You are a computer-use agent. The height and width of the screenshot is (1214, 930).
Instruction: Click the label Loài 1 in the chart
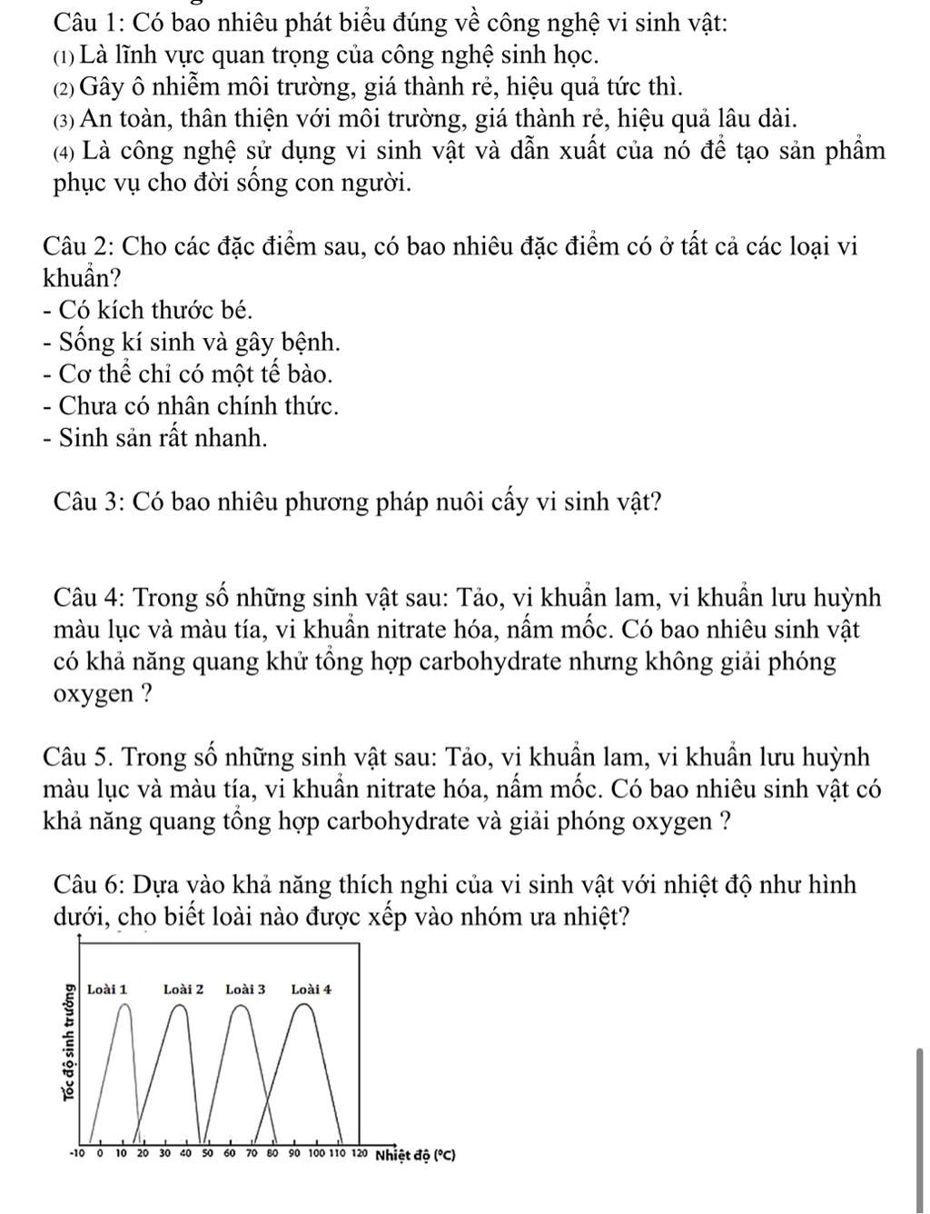click(107, 988)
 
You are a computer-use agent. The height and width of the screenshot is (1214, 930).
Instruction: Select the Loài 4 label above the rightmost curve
click(312, 988)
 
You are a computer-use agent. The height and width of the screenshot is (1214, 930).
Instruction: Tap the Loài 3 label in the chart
click(245, 988)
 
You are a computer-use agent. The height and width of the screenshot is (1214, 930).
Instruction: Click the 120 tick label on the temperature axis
click(358, 1155)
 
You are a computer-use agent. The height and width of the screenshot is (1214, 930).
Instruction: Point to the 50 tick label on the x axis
click(207, 1155)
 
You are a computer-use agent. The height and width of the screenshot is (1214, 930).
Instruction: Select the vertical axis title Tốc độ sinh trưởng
click(66, 1040)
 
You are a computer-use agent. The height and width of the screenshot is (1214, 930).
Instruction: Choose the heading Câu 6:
click(84, 883)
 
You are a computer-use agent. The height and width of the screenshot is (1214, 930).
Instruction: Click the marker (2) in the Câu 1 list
click(64, 87)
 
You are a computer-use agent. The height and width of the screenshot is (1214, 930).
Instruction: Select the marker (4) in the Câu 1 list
click(64, 149)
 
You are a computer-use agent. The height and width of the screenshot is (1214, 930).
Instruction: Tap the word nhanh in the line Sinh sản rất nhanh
click(234, 438)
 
